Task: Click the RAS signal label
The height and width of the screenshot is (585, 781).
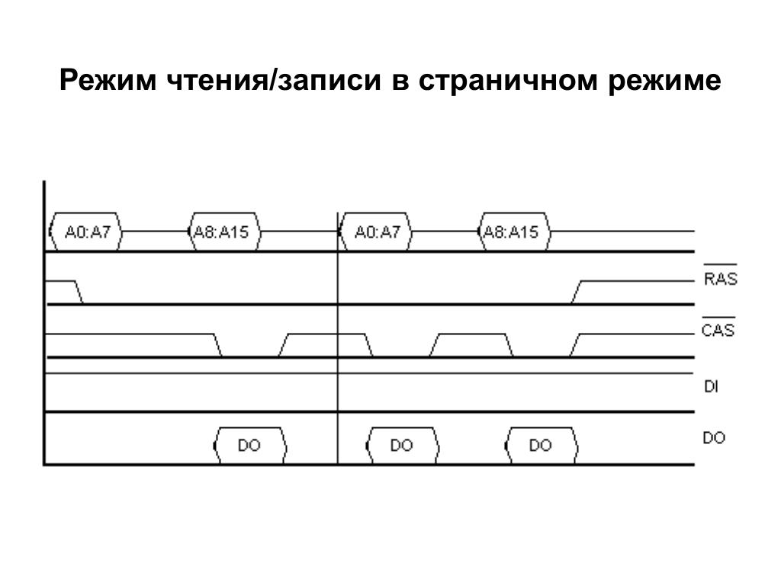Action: point(720,279)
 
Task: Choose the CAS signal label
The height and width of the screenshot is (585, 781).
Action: point(718,331)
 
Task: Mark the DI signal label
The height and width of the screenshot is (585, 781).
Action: point(711,387)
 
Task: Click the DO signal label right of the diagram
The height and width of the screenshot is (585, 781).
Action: point(714,438)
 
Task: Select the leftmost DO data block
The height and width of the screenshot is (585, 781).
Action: point(249,446)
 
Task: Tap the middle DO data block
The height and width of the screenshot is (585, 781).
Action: point(402,446)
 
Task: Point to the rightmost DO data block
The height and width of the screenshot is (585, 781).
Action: point(541,446)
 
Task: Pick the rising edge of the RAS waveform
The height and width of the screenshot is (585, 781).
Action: point(577,292)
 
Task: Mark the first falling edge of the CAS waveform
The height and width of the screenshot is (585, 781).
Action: point(217,345)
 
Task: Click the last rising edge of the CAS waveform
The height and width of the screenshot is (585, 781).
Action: point(576,345)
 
